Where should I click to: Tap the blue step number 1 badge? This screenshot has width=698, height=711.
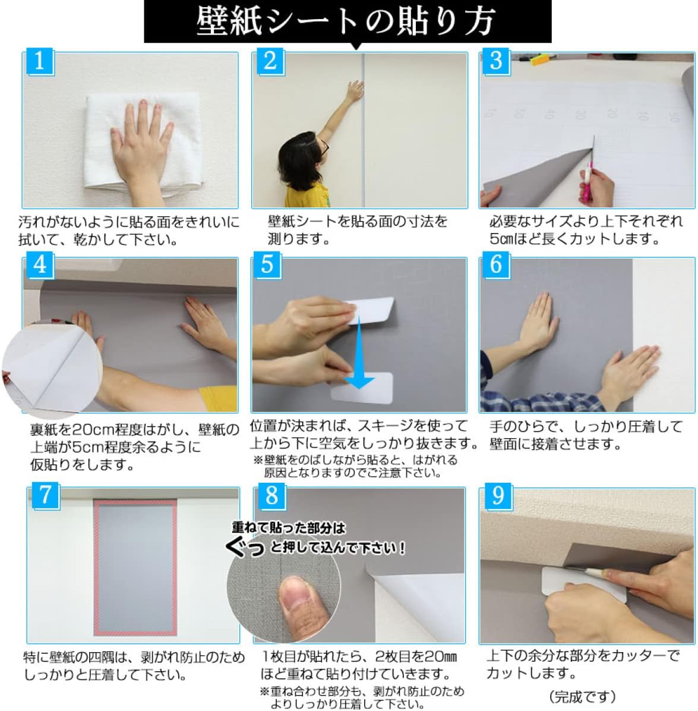[x=39, y=61]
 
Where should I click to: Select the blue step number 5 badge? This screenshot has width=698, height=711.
[x=267, y=265]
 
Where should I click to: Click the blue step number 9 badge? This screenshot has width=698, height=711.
[x=498, y=496]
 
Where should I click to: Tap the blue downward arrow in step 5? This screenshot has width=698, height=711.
[x=359, y=354]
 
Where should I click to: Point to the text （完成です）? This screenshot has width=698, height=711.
[x=582, y=697]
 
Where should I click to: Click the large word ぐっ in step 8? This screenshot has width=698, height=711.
[x=245, y=546]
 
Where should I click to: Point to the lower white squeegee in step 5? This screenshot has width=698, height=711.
[x=362, y=388]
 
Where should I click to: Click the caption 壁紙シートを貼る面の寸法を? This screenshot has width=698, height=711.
[x=358, y=222]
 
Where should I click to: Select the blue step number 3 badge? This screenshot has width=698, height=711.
[x=496, y=61]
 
